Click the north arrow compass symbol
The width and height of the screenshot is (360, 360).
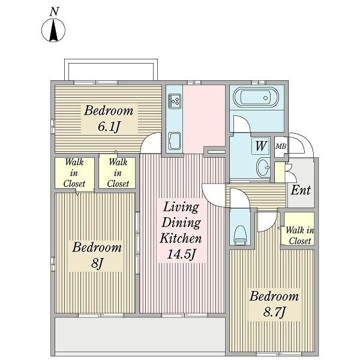[x=53, y=31]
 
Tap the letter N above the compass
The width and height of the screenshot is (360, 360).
[x=54, y=11]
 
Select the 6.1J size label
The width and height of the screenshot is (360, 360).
[x=109, y=127]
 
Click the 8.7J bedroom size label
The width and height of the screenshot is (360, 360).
[x=274, y=312]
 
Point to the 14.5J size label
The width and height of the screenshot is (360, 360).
[x=181, y=254]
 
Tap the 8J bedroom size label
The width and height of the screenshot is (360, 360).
[x=97, y=263]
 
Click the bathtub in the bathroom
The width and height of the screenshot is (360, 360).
[x=256, y=98]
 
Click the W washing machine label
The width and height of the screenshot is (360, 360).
[x=261, y=146]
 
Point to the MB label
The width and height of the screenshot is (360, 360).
[x=281, y=146]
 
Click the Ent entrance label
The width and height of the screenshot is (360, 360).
[x=301, y=190]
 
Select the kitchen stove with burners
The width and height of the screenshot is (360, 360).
[x=175, y=101]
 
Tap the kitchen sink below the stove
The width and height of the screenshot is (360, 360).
[x=175, y=140]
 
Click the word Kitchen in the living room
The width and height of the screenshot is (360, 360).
[x=181, y=238]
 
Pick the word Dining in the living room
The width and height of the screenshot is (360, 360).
[x=181, y=222]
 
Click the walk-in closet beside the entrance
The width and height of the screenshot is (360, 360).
[x=298, y=229]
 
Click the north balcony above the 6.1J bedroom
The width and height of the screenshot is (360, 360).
[x=111, y=70]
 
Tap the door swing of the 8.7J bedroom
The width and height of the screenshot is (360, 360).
[x=267, y=222]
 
